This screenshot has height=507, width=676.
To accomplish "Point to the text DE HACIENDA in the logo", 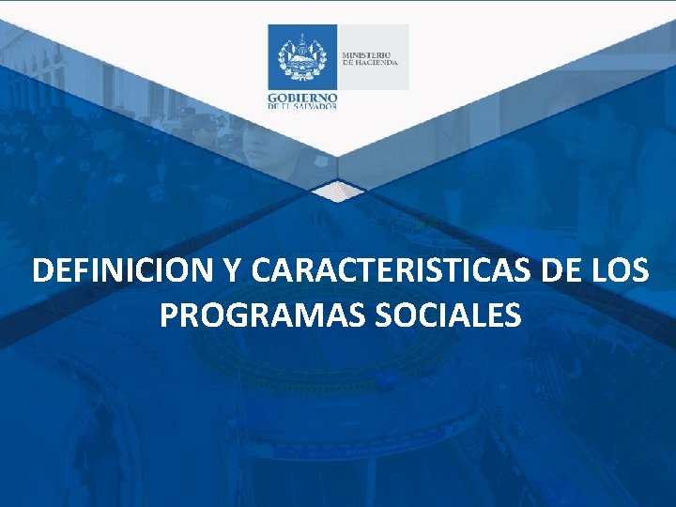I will [371, 63].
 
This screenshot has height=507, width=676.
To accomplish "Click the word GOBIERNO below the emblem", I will [302, 97].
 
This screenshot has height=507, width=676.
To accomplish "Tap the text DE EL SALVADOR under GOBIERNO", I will [302, 106].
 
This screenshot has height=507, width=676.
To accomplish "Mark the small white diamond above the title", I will [337, 192].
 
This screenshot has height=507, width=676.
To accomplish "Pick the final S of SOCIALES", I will [513, 315].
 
